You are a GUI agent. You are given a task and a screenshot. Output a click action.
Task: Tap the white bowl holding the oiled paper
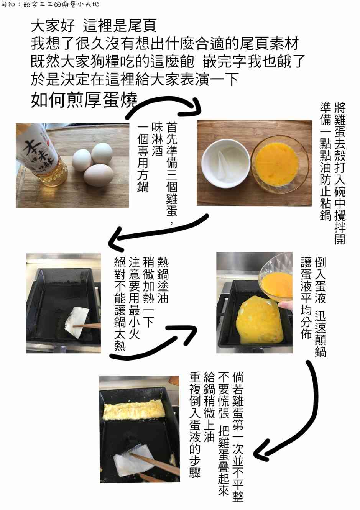(225, 164)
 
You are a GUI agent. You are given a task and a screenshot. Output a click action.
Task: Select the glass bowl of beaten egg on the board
(280, 164)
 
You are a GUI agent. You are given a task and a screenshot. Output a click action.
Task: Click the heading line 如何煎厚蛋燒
(84, 100)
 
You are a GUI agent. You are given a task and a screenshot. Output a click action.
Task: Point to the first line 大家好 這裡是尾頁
(94, 26)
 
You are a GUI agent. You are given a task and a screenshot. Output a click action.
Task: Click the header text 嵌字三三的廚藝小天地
(62, 4)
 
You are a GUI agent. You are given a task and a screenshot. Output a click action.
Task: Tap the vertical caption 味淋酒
(157, 139)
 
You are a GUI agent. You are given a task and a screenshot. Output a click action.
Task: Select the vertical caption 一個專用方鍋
(143, 157)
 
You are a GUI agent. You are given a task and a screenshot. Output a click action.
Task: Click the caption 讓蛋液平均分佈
(306, 298)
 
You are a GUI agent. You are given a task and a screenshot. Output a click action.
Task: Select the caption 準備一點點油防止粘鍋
(325, 161)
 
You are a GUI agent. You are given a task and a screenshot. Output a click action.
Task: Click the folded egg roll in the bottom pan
(134, 410)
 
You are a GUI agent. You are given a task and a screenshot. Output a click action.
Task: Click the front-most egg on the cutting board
(98, 175)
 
